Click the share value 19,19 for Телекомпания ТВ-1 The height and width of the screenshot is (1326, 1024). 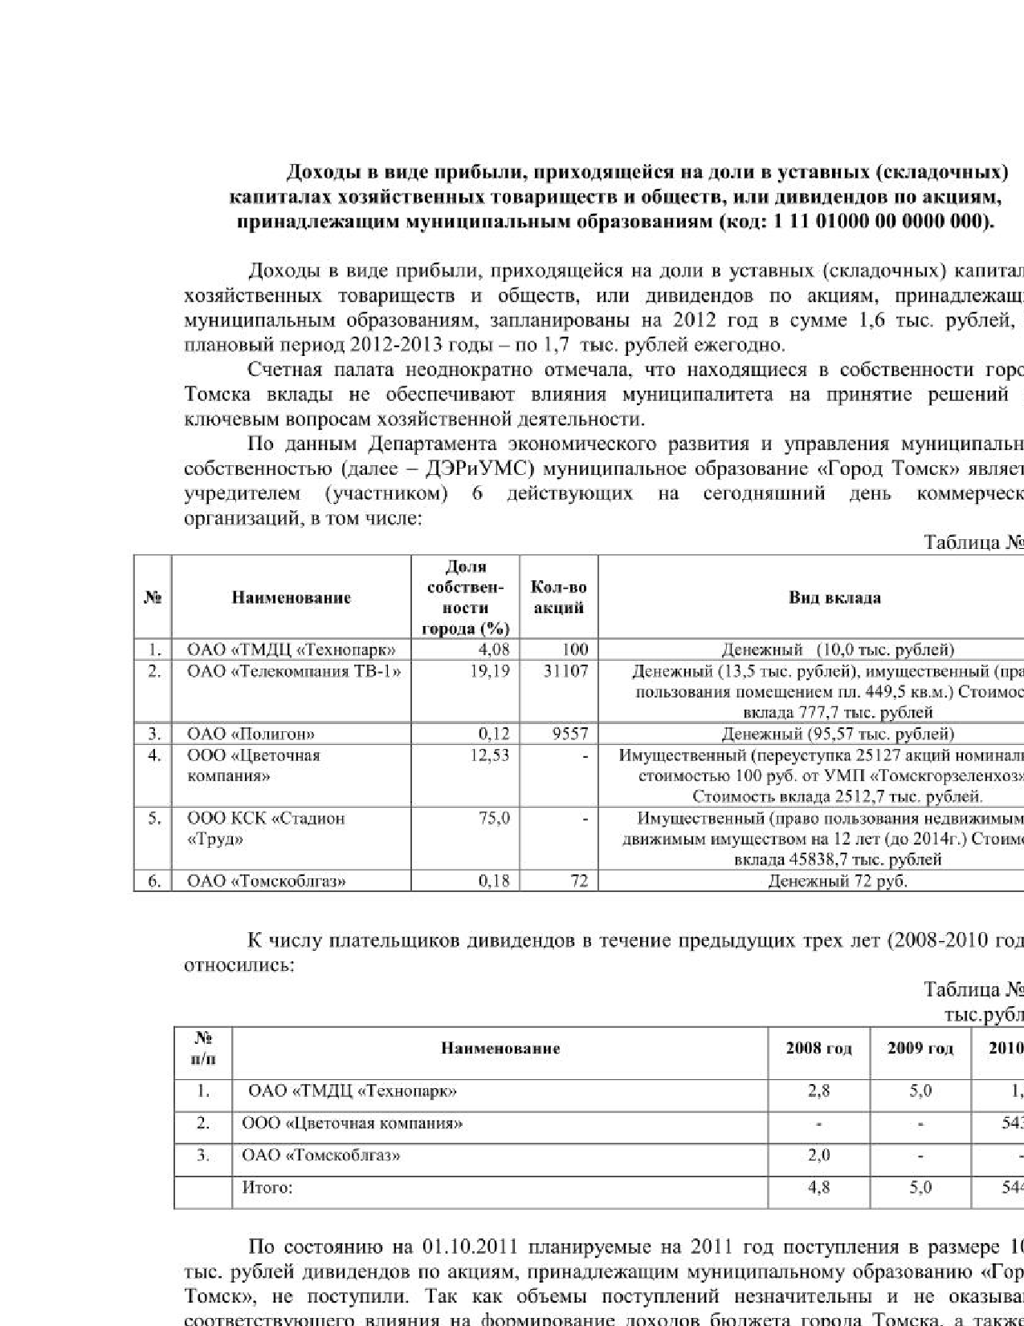pyautogui.click(x=489, y=671)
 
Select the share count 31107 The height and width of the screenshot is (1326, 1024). pyautogui.click(x=565, y=671)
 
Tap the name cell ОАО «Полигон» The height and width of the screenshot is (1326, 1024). pyautogui.click(x=251, y=734)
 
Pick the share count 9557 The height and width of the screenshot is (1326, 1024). pyautogui.click(x=570, y=734)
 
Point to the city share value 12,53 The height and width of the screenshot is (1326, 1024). pyautogui.click(x=489, y=755)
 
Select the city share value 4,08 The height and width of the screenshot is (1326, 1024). pyautogui.click(x=493, y=649)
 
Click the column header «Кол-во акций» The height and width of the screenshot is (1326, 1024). pyautogui.click(x=559, y=598)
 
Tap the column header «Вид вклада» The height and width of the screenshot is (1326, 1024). pyautogui.click(x=834, y=598)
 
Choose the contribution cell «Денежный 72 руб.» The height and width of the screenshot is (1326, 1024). pyautogui.click(x=838, y=882)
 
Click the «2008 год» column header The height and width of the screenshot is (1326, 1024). pyautogui.click(x=818, y=1048)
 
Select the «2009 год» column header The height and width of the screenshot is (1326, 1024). pyautogui.click(x=920, y=1048)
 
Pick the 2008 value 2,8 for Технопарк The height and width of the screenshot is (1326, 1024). pyautogui.click(x=818, y=1091)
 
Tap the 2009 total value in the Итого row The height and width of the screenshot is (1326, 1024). pyautogui.click(x=920, y=1188)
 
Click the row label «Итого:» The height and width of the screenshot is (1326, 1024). pyautogui.click(x=267, y=1188)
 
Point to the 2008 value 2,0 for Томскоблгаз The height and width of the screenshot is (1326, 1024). pyautogui.click(x=818, y=1156)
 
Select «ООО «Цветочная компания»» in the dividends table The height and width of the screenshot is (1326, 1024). pyautogui.click(x=352, y=1123)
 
